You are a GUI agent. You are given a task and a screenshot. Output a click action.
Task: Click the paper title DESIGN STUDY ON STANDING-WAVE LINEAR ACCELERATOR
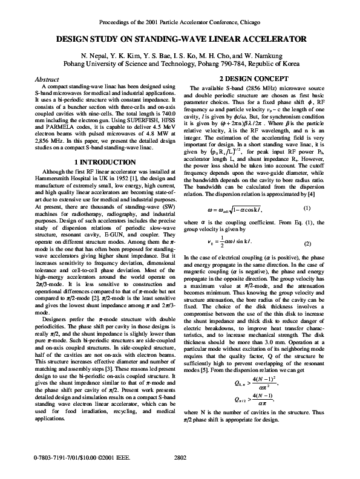pyautogui.click(x=180, y=39)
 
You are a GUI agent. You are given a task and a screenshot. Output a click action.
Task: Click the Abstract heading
pyautogui.click(x=47, y=79)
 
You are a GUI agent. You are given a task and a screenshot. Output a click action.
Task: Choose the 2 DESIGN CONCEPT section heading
pyautogui.click(x=255, y=79)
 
